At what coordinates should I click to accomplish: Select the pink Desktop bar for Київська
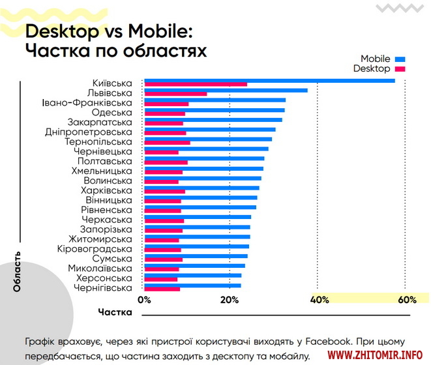click(196, 84)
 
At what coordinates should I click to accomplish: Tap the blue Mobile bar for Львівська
click(226, 90)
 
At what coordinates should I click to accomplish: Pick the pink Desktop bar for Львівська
click(175, 94)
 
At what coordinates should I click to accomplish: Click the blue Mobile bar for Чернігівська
click(192, 285)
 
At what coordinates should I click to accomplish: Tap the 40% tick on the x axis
click(318, 300)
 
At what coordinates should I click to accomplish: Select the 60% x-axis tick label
click(406, 300)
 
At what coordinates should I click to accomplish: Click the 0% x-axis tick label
click(144, 300)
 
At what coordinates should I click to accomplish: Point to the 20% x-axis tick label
click(230, 300)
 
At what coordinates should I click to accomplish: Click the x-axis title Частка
click(115, 312)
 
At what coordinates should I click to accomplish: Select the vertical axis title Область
click(17, 270)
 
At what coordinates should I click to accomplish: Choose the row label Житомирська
click(100, 239)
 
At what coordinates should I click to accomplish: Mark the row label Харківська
click(106, 190)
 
